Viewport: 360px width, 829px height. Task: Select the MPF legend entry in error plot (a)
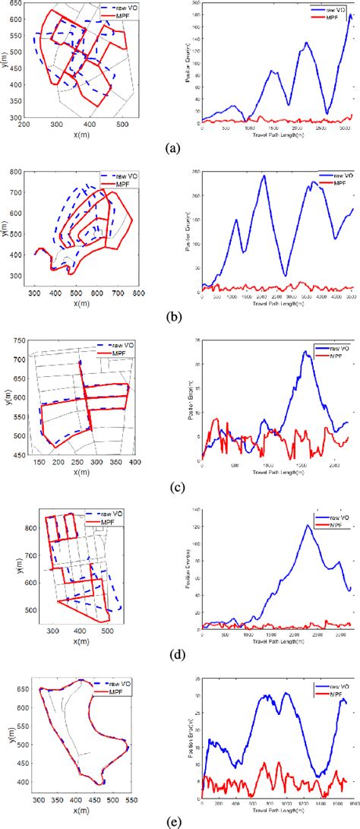[333, 15]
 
